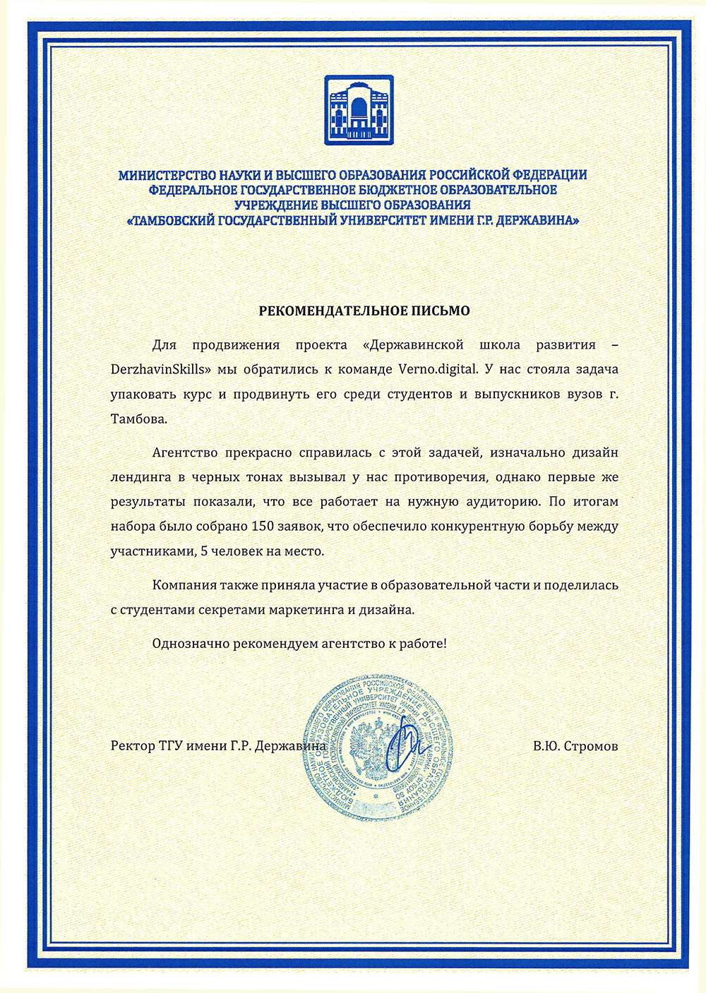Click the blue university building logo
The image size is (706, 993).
coord(359,110)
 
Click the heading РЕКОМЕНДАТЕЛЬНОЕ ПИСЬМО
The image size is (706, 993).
coord(364,311)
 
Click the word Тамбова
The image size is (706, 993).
coord(139,419)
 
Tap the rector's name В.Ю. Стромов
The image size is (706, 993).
coord(575,746)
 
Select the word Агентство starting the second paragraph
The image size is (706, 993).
coord(183,452)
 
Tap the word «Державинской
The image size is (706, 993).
coord(412,345)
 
